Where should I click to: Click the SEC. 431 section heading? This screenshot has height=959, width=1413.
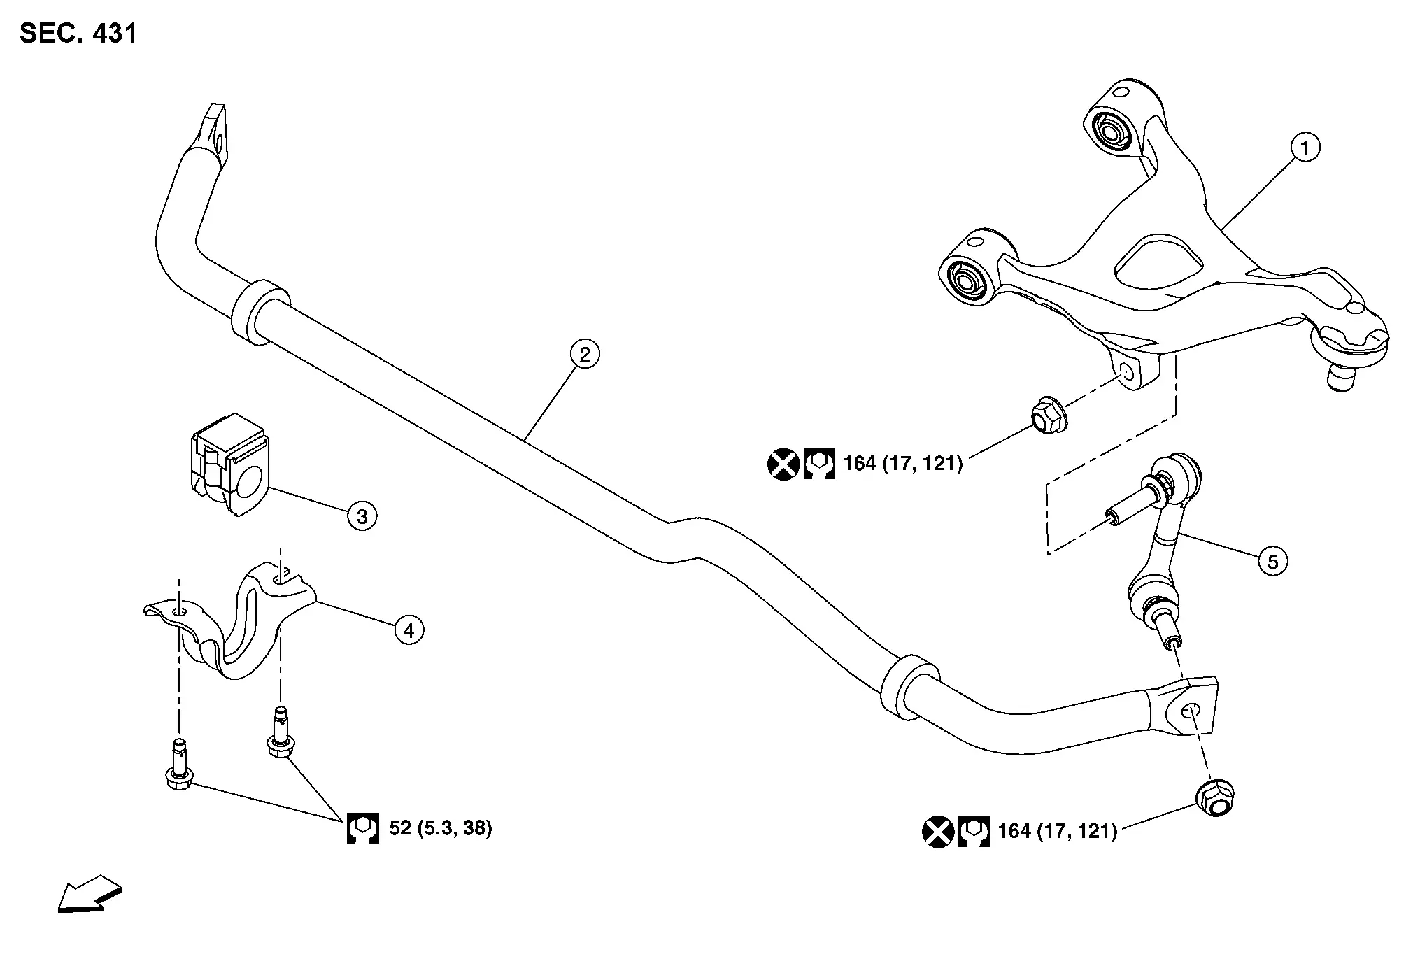78,34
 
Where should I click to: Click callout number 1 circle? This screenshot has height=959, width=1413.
1305,148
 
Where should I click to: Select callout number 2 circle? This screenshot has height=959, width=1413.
584,355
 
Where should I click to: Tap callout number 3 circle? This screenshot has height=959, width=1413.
362,517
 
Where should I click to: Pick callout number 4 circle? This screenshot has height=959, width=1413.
409,631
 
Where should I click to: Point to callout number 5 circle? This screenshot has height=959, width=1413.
1272,561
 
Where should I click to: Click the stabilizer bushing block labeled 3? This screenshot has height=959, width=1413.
229,464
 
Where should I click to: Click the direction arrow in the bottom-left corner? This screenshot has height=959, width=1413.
90,893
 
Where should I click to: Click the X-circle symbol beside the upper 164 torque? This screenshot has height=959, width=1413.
783,464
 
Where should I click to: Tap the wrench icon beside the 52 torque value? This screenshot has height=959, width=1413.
363,828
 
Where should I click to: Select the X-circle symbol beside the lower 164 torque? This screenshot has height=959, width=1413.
938,831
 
